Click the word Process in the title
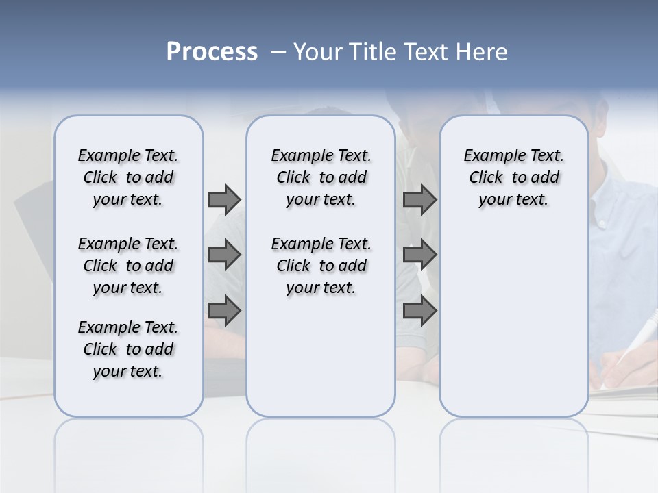212,52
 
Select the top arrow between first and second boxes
224,199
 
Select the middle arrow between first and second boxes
224,255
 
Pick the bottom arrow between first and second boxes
224,311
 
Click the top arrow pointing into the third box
419,199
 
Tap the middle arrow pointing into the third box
419,255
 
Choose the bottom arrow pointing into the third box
419,311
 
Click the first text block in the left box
128,177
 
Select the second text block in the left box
128,266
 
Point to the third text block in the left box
128,349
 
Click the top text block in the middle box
321,177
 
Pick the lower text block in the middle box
321,266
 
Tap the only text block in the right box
514,177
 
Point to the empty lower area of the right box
514,322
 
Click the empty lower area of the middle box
321,356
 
